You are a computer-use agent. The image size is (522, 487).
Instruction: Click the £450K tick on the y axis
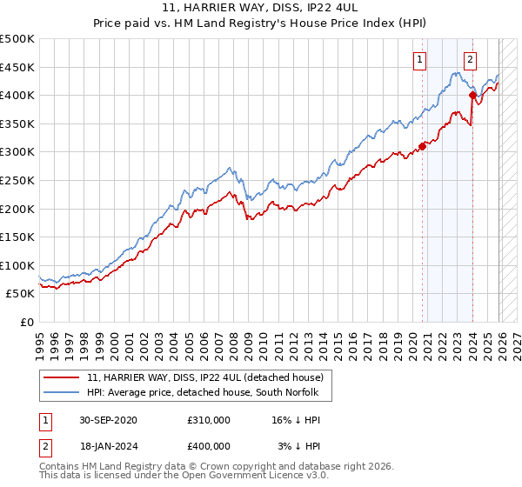pyautogui.click(x=17, y=67)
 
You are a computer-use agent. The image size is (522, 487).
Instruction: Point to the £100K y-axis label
pyautogui.click(x=17, y=265)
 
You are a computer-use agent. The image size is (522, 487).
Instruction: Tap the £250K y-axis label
pyautogui.click(x=17, y=180)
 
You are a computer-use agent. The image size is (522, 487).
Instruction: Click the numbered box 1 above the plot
pyautogui.click(x=420, y=60)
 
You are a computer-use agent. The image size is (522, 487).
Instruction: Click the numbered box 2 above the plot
pyautogui.click(x=470, y=60)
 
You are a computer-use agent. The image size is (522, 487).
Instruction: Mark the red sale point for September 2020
pyautogui.click(x=423, y=146)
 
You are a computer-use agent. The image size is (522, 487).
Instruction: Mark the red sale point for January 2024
pyautogui.click(x=472, y=96)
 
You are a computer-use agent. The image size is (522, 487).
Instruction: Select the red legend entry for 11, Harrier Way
pyautogui.click(x=205, y=377)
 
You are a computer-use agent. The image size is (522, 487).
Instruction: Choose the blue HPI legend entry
pyautogui.click(x=204, y=393)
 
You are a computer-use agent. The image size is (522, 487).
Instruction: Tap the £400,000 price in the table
pyautogui.click(x=208, y=445)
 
